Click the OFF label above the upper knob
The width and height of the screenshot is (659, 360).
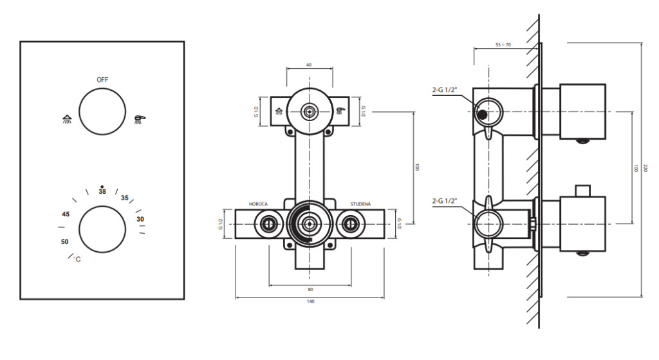(x=102, y=80)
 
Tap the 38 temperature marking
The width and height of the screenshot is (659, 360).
(x=102, y=192)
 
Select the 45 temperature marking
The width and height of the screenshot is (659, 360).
(x=66, y=214)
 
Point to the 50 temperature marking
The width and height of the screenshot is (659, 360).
(x=65, y=242)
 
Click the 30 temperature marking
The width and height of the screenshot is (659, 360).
(x=140, y=219)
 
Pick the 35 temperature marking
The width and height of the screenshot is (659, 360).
(x=125, y=198)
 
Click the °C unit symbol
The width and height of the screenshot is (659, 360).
(x=77, y=259)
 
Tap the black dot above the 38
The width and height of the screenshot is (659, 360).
(x=102, y=186)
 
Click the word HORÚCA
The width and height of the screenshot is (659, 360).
(x=258, y=204)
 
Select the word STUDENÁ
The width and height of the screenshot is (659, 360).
(x=360, y=204)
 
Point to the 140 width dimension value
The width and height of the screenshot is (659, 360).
(x=311, y=301)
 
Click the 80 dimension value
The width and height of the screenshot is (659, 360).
(x=311, y=290)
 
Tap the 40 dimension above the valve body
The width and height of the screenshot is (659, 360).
(x=310, y=65)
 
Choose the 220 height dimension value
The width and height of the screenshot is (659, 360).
(x=646, y=168)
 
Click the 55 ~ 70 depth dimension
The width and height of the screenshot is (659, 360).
(x=503, y=45)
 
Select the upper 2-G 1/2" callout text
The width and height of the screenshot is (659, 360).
(x=445, y=90)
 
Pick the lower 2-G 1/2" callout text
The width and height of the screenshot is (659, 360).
(x=445, y=201)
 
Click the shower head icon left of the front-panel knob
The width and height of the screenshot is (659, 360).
(x=67, y=119)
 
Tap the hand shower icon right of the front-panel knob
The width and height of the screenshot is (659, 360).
(x=140, y=119)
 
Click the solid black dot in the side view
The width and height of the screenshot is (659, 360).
(x=483, y=114)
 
